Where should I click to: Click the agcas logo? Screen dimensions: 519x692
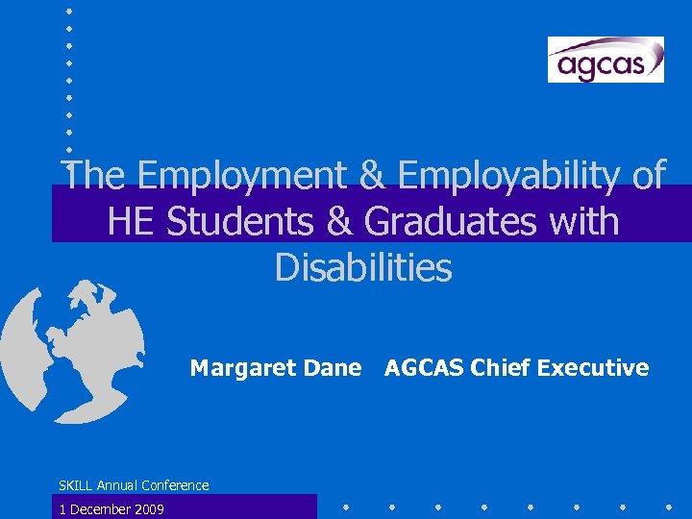coord(605,60)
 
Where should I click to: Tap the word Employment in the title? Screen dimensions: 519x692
coord(261,176)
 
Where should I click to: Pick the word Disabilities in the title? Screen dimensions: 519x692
coord(362,268)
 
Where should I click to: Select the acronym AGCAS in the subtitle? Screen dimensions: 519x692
coord(424,368)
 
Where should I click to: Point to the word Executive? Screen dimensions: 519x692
coord(593,368)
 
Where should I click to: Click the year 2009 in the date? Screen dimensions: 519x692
coord(148,509)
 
